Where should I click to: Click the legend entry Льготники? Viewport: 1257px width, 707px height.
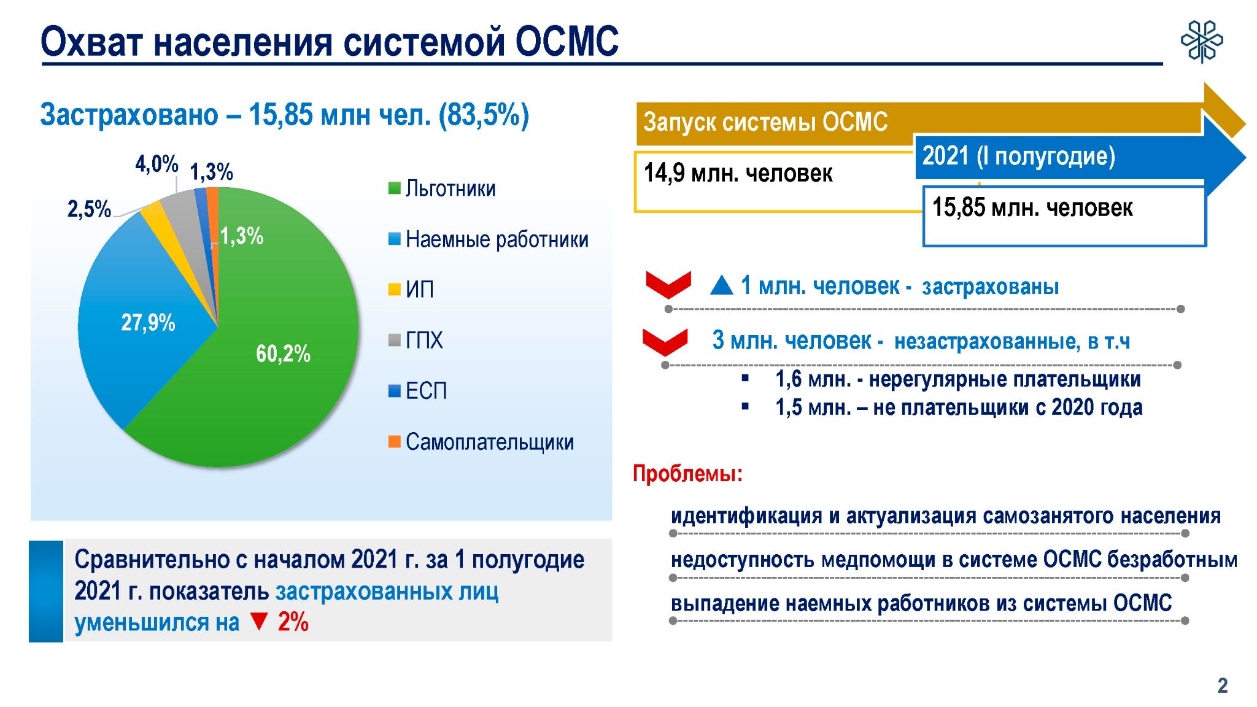click(x=442, y=188)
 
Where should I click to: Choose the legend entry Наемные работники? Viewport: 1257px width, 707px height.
click(x=489, y=239)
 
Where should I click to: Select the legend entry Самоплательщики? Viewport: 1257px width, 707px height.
click(x=481, y=442)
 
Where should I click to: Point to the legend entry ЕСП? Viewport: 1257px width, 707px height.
click(x=417, y=391)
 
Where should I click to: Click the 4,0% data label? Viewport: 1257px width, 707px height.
click(x=157, y=164)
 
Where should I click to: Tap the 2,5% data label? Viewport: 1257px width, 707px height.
click(x=89, y=209)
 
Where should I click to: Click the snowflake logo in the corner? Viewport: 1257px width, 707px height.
click(x=1202, y=42)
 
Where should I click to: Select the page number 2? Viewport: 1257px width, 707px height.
click(x=1223, y=686)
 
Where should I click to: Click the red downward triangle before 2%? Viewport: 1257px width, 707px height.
click(x=259, y=622)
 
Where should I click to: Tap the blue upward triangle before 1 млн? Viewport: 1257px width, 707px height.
click(x=722, y=285)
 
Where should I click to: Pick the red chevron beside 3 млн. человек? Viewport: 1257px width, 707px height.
click(x=665, y=341)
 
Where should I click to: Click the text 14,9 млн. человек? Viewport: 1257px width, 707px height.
click(x=738, y=174)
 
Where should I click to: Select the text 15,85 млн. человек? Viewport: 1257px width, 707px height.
click(x=1032, y=207)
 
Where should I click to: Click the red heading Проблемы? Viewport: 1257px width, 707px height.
click(x=687, y=474)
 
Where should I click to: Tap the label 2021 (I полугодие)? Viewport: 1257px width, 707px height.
click(x=1019, y=156)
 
